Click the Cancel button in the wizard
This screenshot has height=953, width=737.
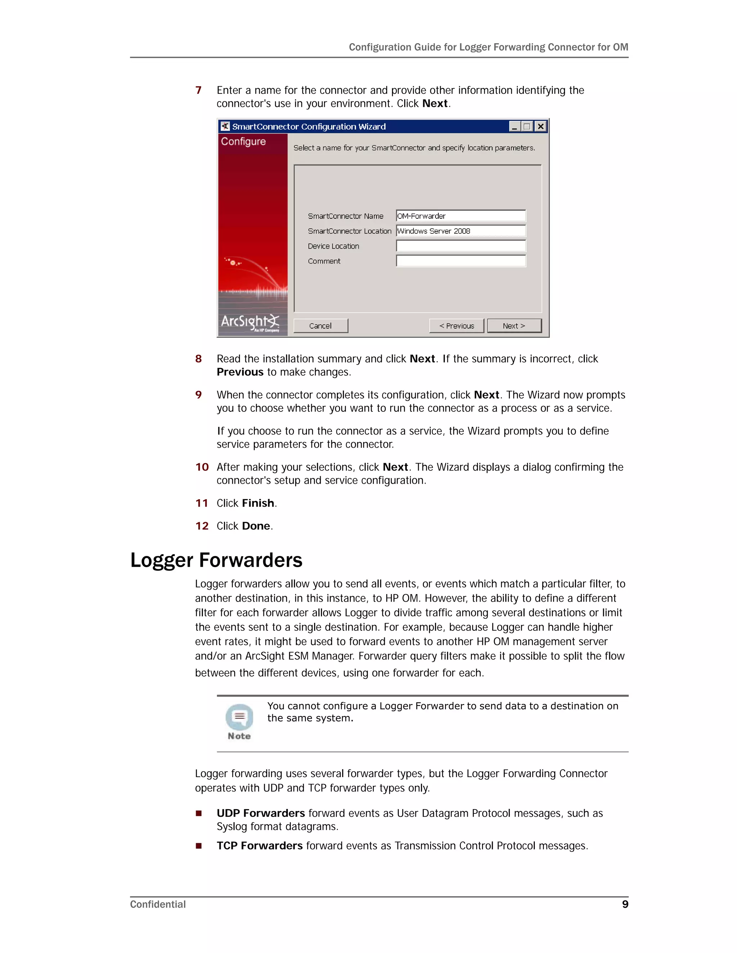pyautogui.click(x=321, y=326)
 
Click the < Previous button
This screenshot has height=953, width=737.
pyautogui.click(x=456, y=326)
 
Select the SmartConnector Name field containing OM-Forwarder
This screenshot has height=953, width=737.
pyautogui.click(x=461, y=216)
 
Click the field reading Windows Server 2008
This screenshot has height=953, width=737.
pyautogui.click(x=461, y=231)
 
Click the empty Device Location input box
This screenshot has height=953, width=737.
pyautogui.click(x=461, y=246)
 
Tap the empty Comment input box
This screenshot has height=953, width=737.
pyautogui.click(x=461, y=261)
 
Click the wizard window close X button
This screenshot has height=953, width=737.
pyautogui.click(x=541, y=127)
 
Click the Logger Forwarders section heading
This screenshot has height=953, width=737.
pyautogui.click(x=216, y=560)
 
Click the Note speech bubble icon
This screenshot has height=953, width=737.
pyautogui.click(x=239, y=717)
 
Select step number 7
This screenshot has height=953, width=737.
pyautogui.click(x=199, y=90)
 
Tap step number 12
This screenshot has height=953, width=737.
pyautogui.click(x=202, y=526)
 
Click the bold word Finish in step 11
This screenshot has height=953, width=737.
pyautogui.click(x=258, y=503)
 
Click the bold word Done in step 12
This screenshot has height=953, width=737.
pyautogui.click(x=256, y=526)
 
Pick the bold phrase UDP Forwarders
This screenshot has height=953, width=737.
pyautogui.click(x=261, y=813)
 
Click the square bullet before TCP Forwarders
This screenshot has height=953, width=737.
pyautogui.click(x=199, y=846)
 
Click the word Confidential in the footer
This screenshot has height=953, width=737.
pyautogui.click(x=158, y=904)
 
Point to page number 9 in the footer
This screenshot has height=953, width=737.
pyautogui.click(x=625, y=904)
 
